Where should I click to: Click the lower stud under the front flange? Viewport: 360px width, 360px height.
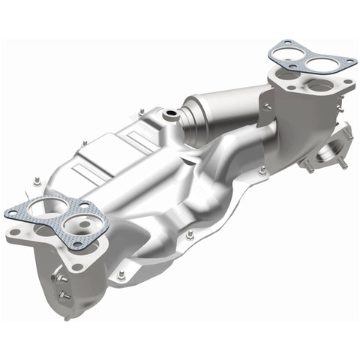[67, 295]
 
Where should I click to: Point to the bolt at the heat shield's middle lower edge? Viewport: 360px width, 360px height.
[190, 235]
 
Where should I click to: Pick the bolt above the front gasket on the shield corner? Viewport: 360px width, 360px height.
[36, 180]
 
